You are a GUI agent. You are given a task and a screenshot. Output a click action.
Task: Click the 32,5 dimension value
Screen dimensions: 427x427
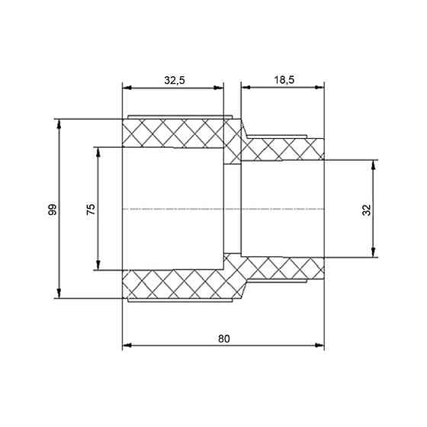175,80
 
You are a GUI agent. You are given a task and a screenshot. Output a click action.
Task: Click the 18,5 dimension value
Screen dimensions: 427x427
284,80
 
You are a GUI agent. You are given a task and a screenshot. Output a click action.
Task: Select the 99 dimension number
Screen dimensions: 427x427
52,209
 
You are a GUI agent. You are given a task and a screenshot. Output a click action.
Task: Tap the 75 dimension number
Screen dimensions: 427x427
91,209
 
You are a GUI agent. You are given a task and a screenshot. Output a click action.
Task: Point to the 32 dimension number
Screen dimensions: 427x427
367,210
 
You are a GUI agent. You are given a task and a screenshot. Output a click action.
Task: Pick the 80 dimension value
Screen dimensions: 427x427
224,339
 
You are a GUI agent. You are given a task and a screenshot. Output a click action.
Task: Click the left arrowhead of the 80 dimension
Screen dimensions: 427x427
127,345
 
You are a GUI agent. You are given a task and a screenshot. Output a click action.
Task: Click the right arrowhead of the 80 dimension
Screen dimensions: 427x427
319,345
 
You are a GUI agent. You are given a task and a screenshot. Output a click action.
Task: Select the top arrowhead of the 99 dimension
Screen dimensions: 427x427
59,124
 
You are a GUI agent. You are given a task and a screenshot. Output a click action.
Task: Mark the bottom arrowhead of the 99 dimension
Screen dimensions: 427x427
59,294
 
